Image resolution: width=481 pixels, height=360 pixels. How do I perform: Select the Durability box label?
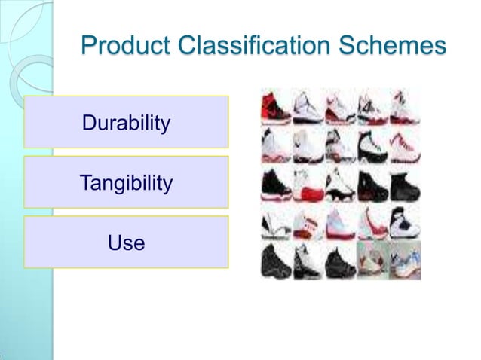point(126,122)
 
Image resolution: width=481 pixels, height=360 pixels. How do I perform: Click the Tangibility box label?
point(126,182)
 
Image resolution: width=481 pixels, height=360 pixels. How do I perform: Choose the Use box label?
point(126,243)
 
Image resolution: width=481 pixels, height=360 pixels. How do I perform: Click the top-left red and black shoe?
point(276,107)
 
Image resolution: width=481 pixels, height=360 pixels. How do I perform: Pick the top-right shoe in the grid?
point(405,107)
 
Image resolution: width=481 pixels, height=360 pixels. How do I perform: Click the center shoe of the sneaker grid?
point(340,185)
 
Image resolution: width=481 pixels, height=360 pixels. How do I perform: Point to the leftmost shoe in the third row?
point(276,185)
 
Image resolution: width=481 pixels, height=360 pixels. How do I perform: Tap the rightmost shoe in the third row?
point(405,185)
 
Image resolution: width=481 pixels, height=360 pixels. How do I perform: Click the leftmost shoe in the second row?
point(276,145)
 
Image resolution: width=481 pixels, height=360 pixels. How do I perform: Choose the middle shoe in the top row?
point(340,107)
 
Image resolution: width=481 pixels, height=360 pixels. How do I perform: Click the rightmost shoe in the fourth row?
point(405,223)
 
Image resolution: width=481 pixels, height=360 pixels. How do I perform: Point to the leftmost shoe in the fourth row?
point(276,223)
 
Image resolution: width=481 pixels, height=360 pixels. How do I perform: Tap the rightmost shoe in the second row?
point(405,145)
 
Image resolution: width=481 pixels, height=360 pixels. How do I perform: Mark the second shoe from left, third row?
point(308,185)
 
